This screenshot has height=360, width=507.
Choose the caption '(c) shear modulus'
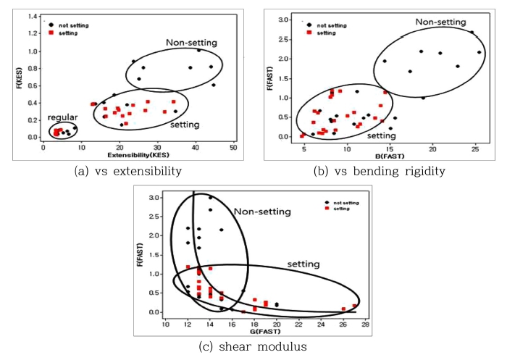[x=252, y=347]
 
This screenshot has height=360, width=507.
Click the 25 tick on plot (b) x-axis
[x=474, y=147]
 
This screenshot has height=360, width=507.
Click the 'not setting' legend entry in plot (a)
[x=70, y=23]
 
